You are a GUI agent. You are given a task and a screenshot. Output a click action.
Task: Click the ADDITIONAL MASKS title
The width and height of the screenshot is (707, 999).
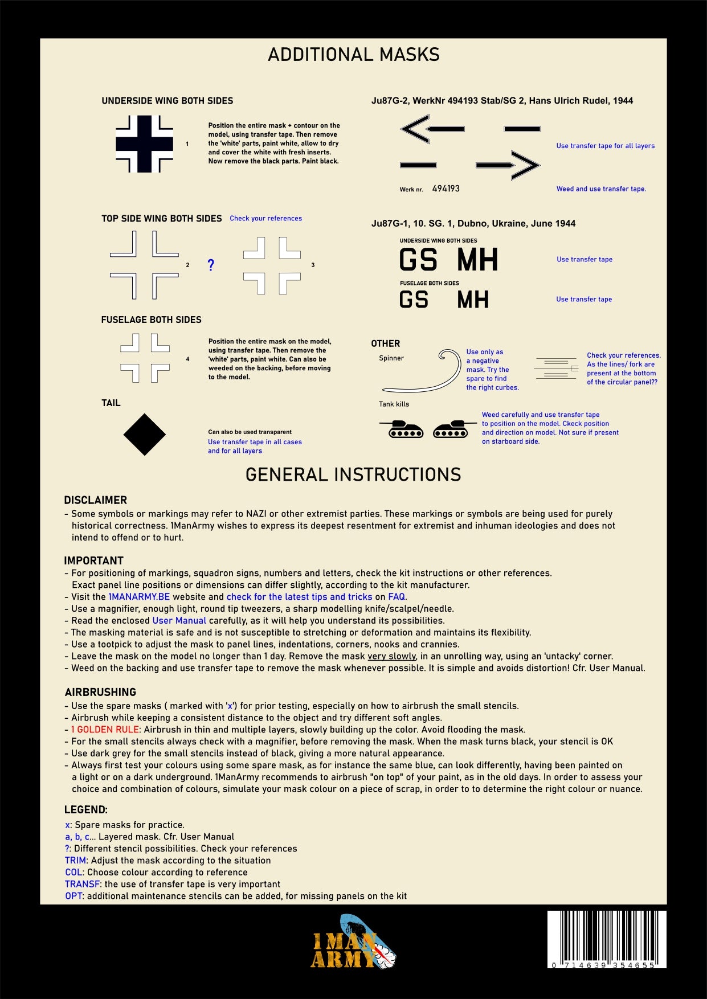[x=353, y=55]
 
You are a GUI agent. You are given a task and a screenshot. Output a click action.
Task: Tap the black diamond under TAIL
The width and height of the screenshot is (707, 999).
[x=145, y=435]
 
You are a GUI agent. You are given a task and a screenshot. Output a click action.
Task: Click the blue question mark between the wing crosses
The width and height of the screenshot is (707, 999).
[x=211, y=265]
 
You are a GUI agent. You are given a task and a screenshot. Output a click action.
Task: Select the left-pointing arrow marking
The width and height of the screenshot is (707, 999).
[x=432, y=129]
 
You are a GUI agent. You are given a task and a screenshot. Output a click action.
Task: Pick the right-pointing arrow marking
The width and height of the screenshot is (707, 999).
[x=508, y=165]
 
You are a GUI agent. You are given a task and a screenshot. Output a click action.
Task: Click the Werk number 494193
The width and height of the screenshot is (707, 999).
[x=446, y=189]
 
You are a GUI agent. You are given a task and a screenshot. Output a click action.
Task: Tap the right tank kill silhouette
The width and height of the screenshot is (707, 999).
[x=452, y=429]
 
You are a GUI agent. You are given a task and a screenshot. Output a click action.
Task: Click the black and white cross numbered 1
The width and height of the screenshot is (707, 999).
[x=145, y=144]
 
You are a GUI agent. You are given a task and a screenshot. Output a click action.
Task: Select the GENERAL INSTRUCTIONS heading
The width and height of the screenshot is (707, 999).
[x=353, y=474]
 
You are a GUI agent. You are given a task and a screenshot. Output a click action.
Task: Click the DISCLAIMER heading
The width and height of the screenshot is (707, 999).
[x=96, y=500]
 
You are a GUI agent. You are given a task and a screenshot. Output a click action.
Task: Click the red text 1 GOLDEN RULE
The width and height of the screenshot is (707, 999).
[x=105, y=730]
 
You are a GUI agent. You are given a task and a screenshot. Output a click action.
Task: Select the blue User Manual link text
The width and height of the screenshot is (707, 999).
[x=179, y=621]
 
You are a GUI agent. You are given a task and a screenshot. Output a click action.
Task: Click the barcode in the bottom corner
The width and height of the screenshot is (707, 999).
[x=607, y=939]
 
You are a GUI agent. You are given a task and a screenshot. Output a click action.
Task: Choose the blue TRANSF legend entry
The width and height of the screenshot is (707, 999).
[x=83, y=884]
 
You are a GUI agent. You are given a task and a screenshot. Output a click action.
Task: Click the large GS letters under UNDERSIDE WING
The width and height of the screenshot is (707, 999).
[x=418, y=260]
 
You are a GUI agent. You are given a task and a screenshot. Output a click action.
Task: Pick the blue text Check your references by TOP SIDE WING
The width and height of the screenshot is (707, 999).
[x=265, y=218]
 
